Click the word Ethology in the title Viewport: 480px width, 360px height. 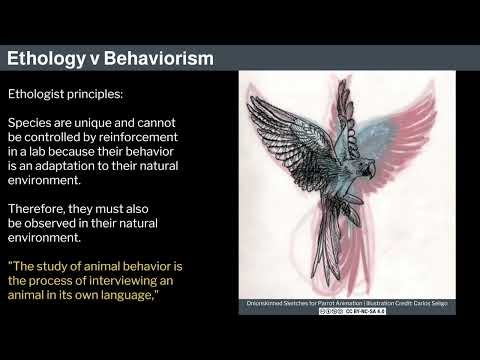click(x=48, y=58)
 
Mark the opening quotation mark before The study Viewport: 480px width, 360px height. click(x=11, y=266)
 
